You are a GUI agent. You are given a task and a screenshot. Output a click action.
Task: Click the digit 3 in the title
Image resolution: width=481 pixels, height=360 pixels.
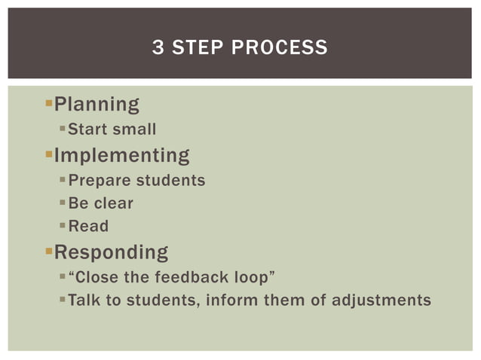point(158,48)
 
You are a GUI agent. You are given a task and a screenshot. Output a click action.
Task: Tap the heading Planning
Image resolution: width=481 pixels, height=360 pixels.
point(97,105)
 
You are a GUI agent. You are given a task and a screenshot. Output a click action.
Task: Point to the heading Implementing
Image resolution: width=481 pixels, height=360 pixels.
point(121,156)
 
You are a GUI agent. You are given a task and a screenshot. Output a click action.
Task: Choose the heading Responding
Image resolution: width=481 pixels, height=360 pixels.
point(111,252)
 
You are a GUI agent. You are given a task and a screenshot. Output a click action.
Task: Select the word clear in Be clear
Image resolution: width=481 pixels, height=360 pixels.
point(114,203)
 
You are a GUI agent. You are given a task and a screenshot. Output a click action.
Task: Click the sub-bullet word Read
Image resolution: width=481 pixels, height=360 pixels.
point(88,226)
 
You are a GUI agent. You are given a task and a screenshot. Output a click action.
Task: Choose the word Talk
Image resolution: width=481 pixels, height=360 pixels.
point(83,301)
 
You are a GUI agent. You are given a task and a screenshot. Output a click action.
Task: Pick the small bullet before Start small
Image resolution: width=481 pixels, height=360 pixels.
point(63,129)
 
